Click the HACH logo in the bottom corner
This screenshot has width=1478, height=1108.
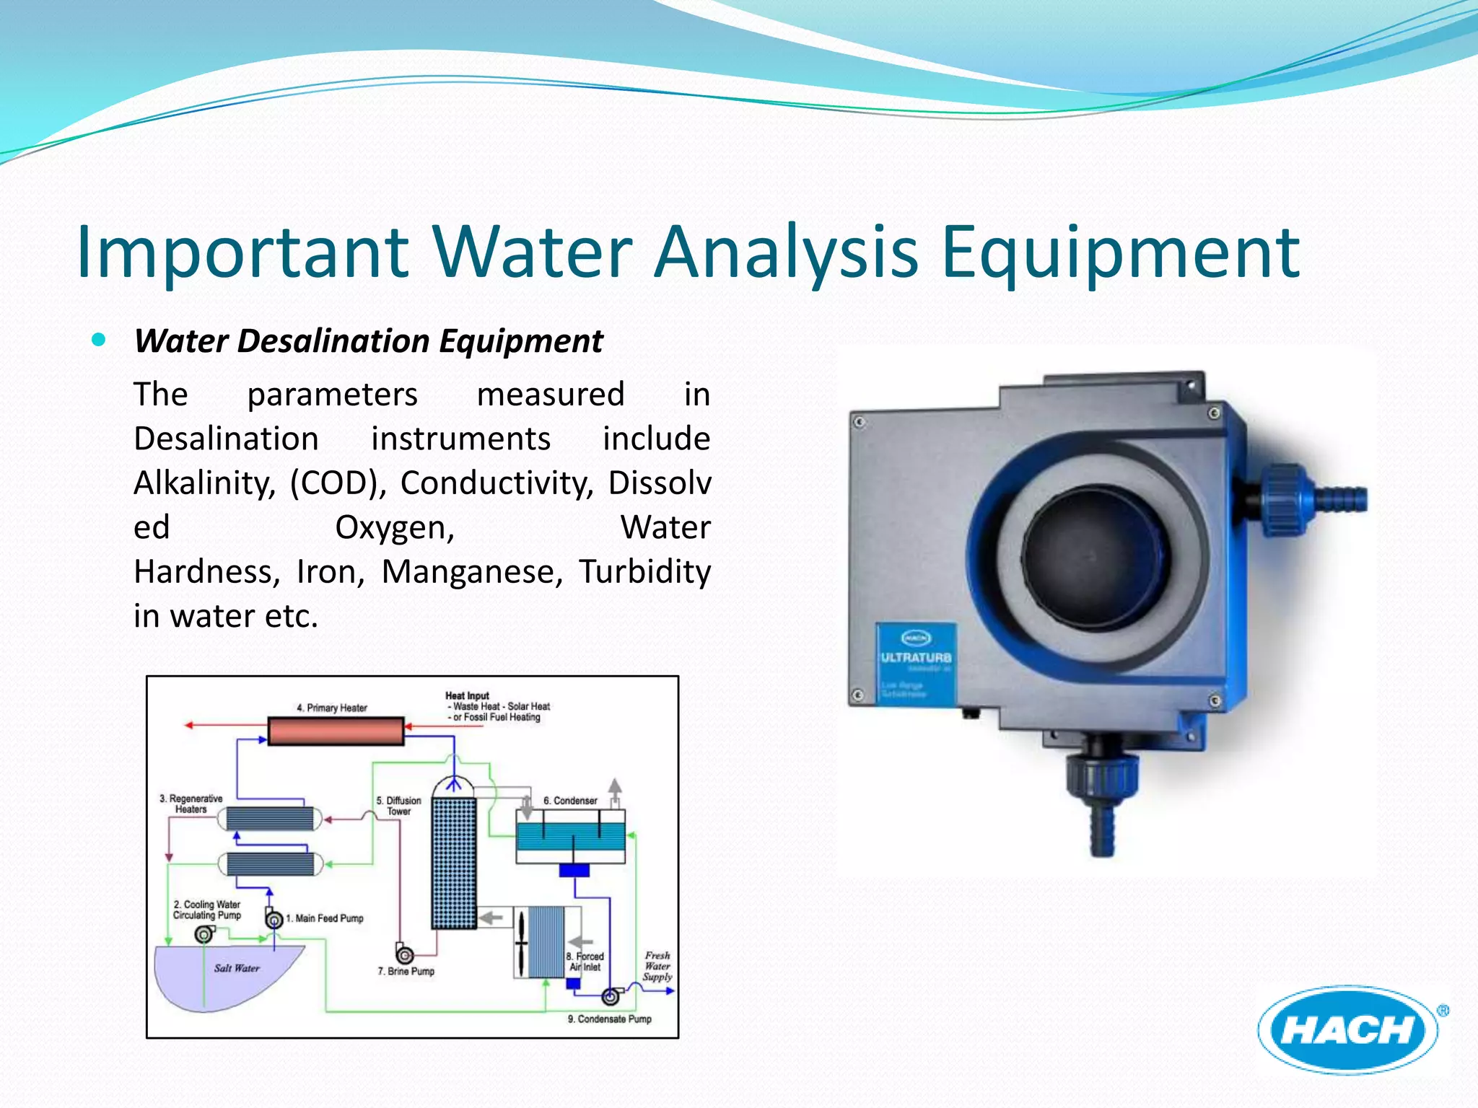[1348, 1029]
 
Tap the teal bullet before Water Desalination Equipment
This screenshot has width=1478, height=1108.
[100, 339]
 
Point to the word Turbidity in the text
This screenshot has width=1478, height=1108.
[644, 572]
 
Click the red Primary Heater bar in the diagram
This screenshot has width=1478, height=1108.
[336, 731]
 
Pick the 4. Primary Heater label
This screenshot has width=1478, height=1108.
[332, 708]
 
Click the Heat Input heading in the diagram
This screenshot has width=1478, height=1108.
[467, 695]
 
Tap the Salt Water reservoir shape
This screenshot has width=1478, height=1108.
[224, 974]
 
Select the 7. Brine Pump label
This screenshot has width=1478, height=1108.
[406, 972]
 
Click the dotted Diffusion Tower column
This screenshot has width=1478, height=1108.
[454, 862]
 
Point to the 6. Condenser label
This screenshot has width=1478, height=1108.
[570, 801]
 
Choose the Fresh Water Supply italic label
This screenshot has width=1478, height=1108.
[657, 966]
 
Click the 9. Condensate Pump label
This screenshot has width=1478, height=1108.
[609, 1019]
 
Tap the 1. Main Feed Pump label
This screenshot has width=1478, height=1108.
[325, 918]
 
